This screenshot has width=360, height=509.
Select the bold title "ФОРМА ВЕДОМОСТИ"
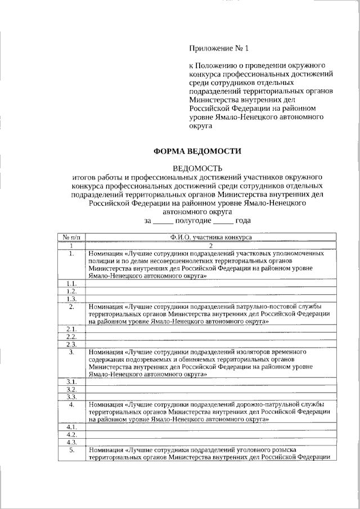[x=197, y=151]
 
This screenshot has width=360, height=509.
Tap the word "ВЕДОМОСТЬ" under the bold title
[x=197, y=168]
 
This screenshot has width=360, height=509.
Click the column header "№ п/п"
[x=71, y=238]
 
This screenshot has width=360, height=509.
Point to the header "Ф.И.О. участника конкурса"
[x=210, y=238]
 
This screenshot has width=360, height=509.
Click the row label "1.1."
[x=71, y=283]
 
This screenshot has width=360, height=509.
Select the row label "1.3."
[x=71, y=299]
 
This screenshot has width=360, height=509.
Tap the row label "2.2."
[x=71, y=336]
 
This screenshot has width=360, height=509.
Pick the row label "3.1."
[x=71, y=381]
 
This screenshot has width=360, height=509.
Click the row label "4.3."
[x=71, y=442]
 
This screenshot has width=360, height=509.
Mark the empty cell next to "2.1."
[x=210, y=328]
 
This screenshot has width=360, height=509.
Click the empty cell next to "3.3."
[x=210, y=397]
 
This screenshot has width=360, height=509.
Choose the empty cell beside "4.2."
[x=210, y=434]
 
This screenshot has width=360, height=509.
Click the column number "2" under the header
[x=210, y=246]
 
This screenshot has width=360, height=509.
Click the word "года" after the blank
[x=242, y=220]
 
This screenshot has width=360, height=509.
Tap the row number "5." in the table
[x=71, y=449]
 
